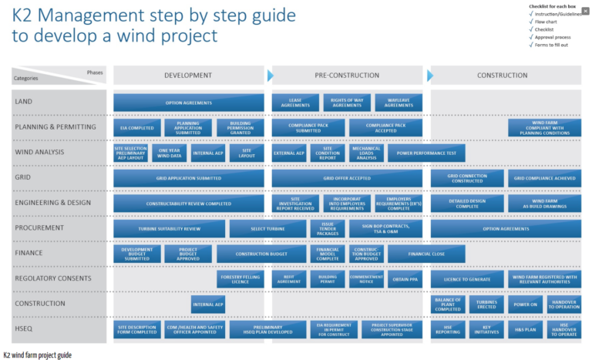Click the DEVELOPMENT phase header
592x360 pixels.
click(x=188, y=75)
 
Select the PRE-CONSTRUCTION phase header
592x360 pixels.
click(x=346, y=75)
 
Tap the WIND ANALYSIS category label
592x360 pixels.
click(x=39, y=153)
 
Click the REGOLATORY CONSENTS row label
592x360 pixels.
click(x=53, y=278)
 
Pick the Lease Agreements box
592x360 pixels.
click(x=295, y=103)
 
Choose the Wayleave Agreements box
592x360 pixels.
click(x=399, y=103)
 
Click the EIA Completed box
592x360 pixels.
click(x=136, y=128)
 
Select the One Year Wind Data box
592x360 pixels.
click(x=170, y=153)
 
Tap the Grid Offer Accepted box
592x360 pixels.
click(x=347, y=178)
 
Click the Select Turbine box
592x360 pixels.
click(x=267, y=229)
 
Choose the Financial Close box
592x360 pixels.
click(x=426, y=254)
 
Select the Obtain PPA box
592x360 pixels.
click(x=404, y=279)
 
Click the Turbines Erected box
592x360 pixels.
click(x=486, y=304)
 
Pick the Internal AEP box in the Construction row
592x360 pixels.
click(x=208, y=304)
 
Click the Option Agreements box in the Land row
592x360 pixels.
click(x=188, y=103)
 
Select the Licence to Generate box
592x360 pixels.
click(x=466, y=279)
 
